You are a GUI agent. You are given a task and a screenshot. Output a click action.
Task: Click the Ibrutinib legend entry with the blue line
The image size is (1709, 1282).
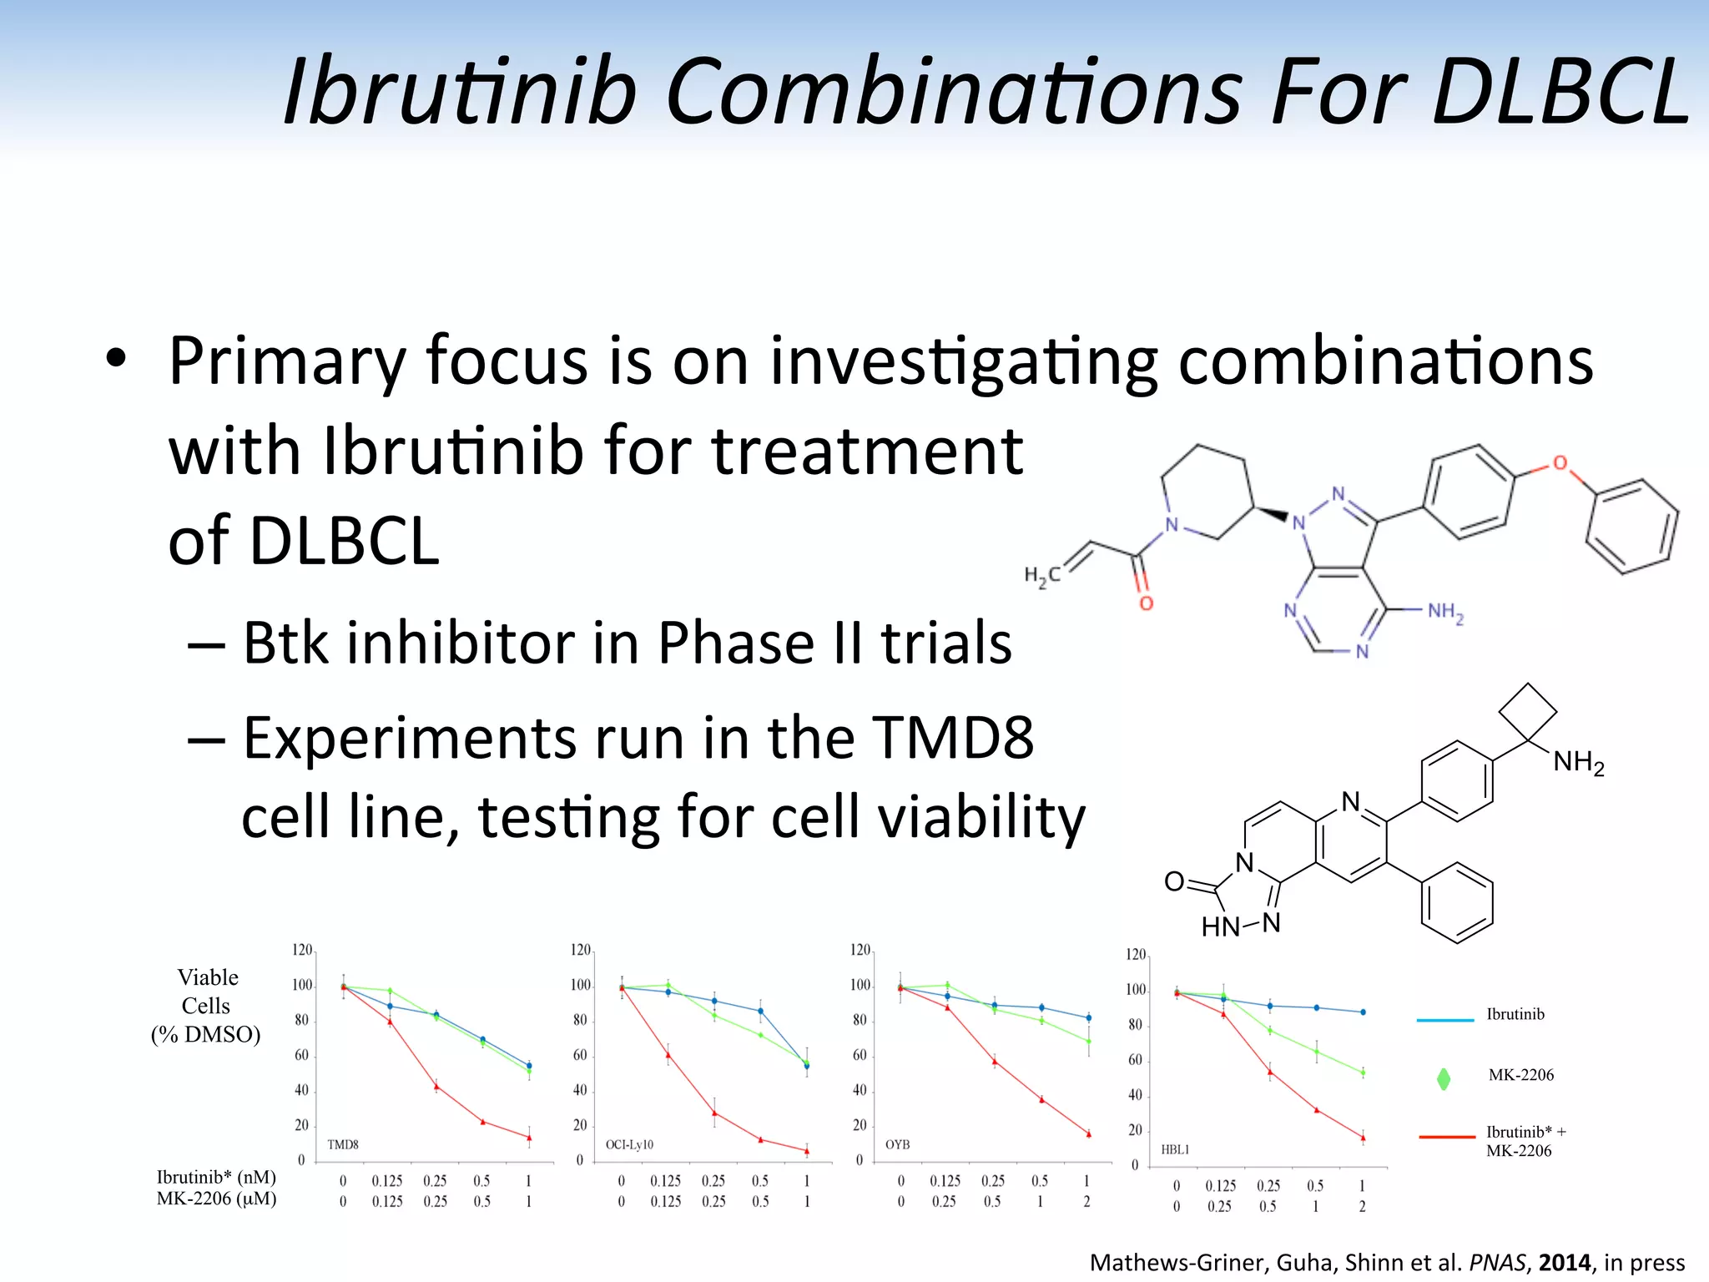point(1515,1015)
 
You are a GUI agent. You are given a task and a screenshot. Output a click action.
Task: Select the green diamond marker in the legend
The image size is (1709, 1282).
point(1444,1079)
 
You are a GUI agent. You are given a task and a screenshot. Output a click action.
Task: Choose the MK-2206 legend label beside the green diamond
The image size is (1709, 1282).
point(1520,1075)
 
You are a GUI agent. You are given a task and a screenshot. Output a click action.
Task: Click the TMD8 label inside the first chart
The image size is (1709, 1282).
point(343,1144)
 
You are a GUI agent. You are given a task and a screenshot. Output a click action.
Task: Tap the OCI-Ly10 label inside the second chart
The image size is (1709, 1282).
point(629,1144)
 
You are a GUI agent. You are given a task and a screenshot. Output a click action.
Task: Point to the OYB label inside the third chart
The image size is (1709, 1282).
point(897,1144)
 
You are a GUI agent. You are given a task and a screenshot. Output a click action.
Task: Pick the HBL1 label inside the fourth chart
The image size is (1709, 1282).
point(1175,1149)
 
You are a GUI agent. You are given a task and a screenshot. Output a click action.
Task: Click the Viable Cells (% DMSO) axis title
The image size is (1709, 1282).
point(206,1006)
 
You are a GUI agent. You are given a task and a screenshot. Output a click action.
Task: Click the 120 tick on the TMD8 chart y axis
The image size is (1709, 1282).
point(302,950)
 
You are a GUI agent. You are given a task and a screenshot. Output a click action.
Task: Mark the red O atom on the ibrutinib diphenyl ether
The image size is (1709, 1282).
point(1560,463)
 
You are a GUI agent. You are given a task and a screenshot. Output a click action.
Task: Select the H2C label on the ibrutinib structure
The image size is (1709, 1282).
point(1041,575)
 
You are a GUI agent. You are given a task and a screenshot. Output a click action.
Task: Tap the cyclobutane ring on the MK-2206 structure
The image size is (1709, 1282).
point(1527,712)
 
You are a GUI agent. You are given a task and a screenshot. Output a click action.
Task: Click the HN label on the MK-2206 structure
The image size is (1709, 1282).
point(1219,926)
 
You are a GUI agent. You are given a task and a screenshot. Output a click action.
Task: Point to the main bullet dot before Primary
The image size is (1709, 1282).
point(115,360)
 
